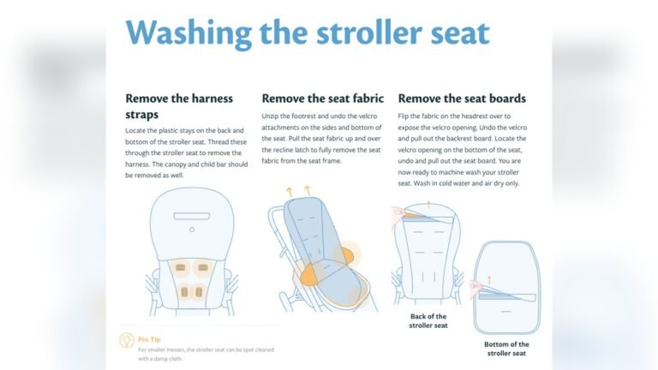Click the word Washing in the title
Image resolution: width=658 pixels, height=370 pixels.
pos(189,33)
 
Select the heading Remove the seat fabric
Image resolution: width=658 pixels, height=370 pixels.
pos(322,98)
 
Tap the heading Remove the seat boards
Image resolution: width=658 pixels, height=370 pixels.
pos(462,98)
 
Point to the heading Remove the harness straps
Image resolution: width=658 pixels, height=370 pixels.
pos(179,106)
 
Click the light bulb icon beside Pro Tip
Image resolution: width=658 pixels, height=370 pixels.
pos(126,340)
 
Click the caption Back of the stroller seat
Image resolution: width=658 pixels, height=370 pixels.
pos(428,321)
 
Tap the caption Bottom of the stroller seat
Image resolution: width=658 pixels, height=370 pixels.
pos(505,348)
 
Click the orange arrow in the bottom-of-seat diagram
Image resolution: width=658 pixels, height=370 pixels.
pos(490,278)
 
